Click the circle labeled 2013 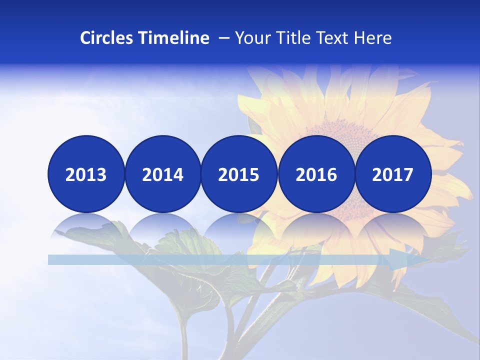coord(86,174)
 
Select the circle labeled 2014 coord(162,174)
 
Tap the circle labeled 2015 coord(239,174)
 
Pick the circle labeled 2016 coord(316,174)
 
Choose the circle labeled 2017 coord(393,174)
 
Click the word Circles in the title coord(106,38)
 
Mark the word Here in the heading coord(372,38)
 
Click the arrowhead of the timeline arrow coord(410,259)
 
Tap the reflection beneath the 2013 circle coord(86,225)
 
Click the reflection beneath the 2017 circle coord(393,225)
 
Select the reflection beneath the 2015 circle coord(239,225)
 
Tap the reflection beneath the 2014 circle coord(162,225)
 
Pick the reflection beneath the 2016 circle coord(316,225)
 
